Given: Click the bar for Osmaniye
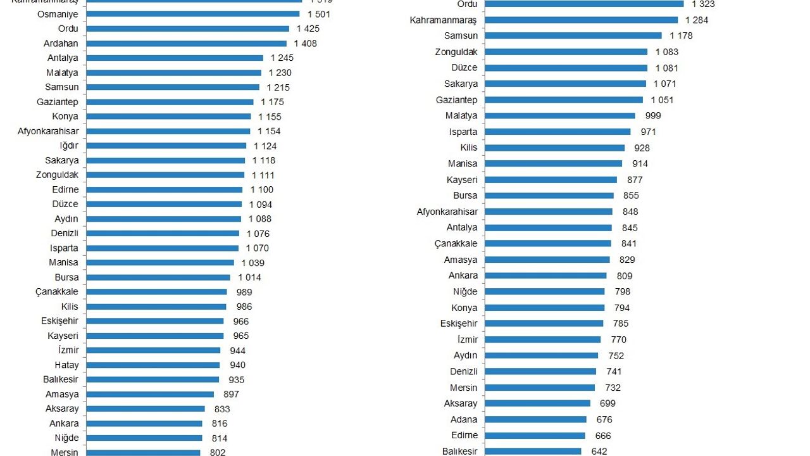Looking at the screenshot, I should [192, 14].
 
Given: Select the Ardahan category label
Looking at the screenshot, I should [61, 44].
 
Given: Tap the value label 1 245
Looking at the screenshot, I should [282, 58].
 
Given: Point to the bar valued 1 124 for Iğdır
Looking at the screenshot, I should [166, 146].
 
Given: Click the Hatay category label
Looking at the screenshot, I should [66, 365].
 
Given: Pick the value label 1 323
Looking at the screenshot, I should [703, 4].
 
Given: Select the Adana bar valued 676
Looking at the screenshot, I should [535, 419].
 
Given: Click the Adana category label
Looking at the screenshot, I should [464, 419].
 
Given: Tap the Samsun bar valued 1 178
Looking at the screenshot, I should [573, 35].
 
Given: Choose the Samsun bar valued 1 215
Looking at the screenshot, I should [172, 87].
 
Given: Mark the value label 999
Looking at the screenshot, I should [653, 115].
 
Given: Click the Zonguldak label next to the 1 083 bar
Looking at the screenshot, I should [456, 52].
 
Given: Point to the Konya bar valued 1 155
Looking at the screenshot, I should [169, 117].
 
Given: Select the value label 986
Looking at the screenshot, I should [244, 307].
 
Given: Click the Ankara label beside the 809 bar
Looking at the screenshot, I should [463, 275].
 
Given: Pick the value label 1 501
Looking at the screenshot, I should [319, 14].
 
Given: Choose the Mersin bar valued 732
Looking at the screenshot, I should [539, 388].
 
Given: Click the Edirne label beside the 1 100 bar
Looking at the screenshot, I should [66, 189].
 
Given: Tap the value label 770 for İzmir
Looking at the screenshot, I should [618, 339].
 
